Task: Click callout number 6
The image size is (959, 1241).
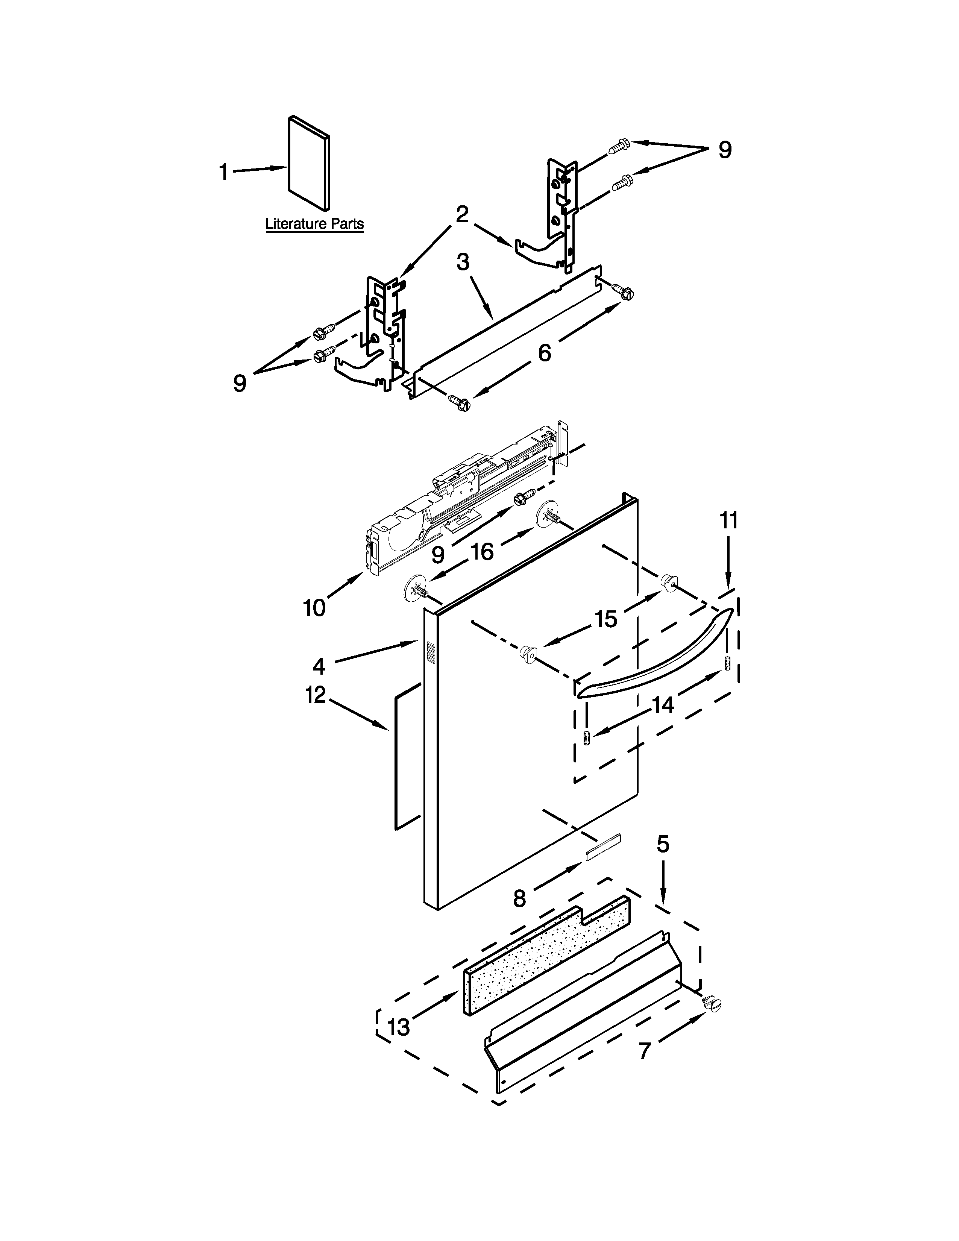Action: [x=544, y=353]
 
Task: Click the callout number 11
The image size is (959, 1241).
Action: [x=729, y=520]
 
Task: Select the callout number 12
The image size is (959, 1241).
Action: [x=316, y=694]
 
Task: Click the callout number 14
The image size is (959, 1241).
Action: [x=662, y=705]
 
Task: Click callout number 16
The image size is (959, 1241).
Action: [x=483, y=551]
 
